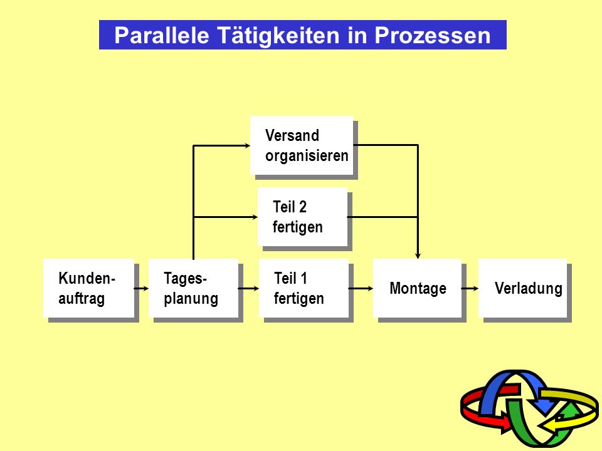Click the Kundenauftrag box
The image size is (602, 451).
tap(88, 288)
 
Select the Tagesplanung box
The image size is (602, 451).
tap(194, 288)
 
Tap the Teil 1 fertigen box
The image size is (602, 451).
tap(304, 288)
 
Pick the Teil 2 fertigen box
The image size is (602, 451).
tap(302, 217)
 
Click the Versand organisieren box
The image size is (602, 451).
tap(302, 145)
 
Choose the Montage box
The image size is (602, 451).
tap(418, 288)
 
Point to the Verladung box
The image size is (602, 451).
tap(522, 288)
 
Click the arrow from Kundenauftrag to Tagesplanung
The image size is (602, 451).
tap(141, 288)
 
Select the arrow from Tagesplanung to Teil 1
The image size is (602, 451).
tap(249, 288)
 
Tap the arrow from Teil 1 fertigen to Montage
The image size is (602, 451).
tap(361, 288)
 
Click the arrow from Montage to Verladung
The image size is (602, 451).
tap(470, 288)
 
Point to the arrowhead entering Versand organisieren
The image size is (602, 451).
tap(247, 145)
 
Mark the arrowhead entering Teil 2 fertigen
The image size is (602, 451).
tap(255, 217)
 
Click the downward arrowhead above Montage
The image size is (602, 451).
tap(418, 256)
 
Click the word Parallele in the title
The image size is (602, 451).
tap(162, 35)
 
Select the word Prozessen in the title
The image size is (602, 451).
tap(432, 35)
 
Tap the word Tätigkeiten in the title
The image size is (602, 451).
tap(278, 35)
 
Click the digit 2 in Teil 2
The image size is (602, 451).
tap(302, 207)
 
